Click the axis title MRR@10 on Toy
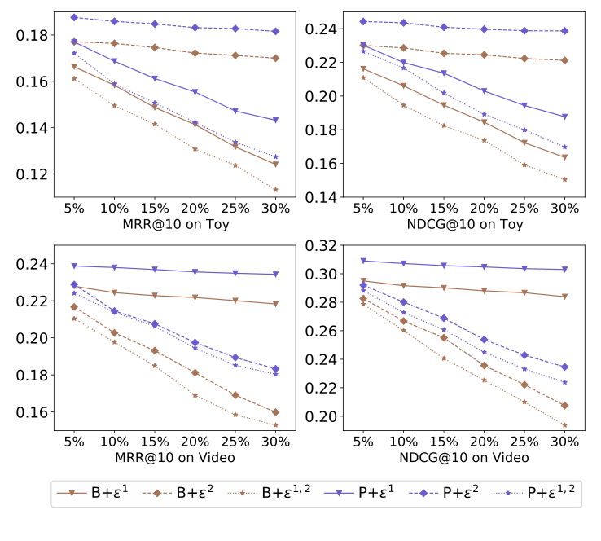point(174,224)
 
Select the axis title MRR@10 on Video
point(174,457)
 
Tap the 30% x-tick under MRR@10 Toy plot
point(275,209)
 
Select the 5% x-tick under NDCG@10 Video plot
point(364,442)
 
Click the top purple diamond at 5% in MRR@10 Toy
point(74,17)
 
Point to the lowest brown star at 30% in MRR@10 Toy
point(275,190)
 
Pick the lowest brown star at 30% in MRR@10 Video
point(275,424)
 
